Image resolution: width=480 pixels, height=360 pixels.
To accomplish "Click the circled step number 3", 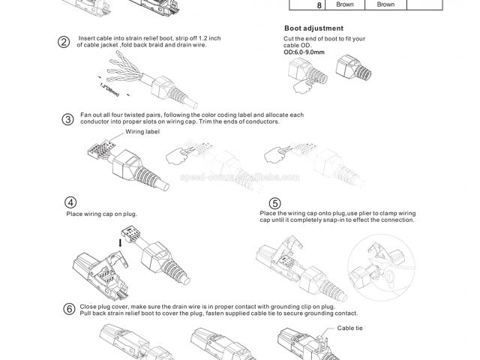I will [x=67, y=119].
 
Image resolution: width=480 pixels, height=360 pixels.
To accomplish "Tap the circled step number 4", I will [x=70, y=202].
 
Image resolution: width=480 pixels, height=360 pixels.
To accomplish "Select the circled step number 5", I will [x=274, y=202].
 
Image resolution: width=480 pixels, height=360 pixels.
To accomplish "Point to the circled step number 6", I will [x=69, y=309].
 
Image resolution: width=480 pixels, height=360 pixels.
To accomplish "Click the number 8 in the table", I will [x=298, y=5].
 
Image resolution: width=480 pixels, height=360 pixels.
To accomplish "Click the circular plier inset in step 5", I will [x=384, y=264].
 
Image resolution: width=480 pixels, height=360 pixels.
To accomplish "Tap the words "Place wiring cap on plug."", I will [x=102, y=214].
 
